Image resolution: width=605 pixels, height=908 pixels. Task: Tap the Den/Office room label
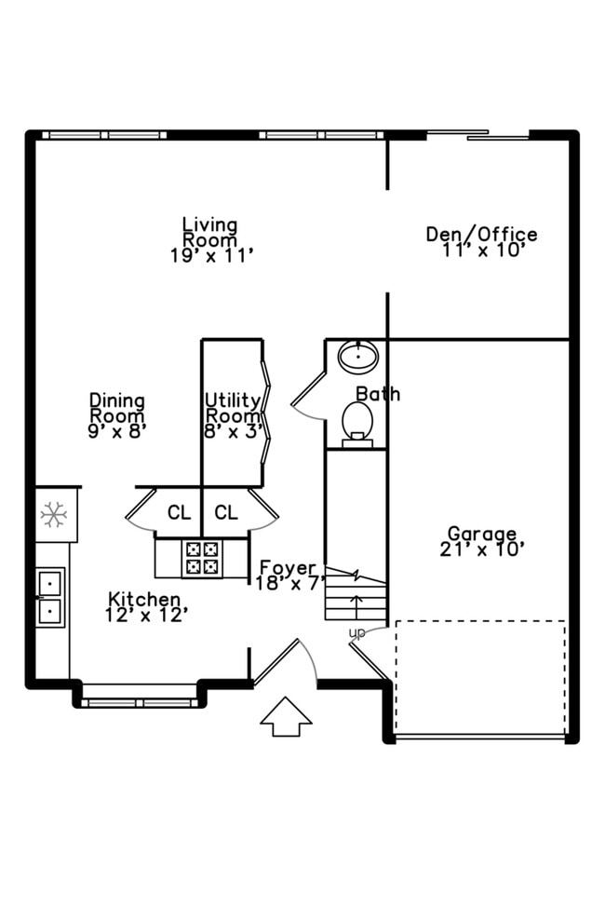pyautogui.click(x=481, y=235)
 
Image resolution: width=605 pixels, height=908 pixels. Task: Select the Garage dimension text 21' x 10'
pyautogui.click(x=482, y=549)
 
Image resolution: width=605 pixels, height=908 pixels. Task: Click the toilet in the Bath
pyautogui.click(x=356, y=422)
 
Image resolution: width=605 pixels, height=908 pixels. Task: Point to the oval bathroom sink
pyautogui.click(x=356, y=356)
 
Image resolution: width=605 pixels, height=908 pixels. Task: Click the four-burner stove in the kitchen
pyautogui.click(x=203, y=557)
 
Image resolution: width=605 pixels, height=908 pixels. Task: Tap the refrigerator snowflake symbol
pyautogui.click(x=53, y=514)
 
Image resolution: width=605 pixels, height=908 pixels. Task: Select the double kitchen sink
pyautogui.click(x=49, y=597)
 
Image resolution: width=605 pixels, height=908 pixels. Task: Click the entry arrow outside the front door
pyautogui.click(x=286, y=716)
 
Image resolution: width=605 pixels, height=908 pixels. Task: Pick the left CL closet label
pyautogui.click(x=179, y=512)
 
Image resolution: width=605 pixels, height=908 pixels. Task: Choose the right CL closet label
pyautogui.click(x=226, y=512)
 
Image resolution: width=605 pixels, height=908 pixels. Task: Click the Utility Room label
pyautogui.click(x=233, y=408)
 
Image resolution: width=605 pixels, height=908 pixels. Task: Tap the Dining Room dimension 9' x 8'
pyautogui.click(x=117, y=431)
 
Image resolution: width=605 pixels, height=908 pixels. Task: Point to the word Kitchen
pyautogui.click(x=144, y=599)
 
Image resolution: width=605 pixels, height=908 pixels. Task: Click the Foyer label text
pyautogui.click(x=288, y=568)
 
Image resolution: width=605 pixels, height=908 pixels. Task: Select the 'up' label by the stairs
pyautogui.click(x=356, y=633)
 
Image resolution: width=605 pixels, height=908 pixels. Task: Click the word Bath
pyautogui.click(x=378, y=394)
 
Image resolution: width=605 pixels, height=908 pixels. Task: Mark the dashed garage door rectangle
pyautogui.click(x=480, y=677)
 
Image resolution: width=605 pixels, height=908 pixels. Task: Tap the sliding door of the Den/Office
pyautogui.click(x=477, y=136)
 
